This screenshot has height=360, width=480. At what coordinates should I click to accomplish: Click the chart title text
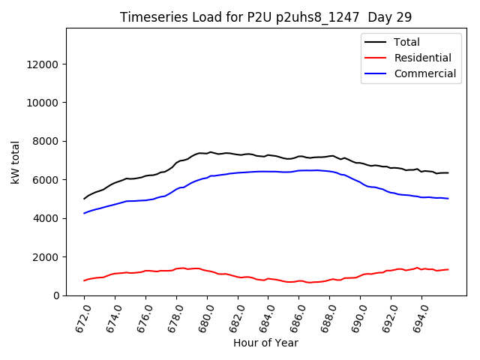coord(265,16)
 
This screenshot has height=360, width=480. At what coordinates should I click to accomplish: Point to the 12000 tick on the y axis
coord(43,64)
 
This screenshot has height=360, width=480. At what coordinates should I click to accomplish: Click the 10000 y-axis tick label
coord(43,103)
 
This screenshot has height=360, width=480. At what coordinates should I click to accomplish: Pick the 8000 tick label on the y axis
coord(46,141)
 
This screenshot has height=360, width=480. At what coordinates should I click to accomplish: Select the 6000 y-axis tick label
coord(46,180)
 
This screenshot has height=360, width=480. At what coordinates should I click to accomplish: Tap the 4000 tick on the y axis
coord(46,218)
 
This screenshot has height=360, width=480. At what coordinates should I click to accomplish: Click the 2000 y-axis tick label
coord(46,257)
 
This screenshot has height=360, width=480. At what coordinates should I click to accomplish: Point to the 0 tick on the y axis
coord(56,295)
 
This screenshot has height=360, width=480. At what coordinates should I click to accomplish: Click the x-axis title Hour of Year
coord(265,343)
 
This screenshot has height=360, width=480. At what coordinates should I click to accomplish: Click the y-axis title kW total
coord(15,162)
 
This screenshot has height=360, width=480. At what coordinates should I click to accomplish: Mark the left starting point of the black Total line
coord(84,199)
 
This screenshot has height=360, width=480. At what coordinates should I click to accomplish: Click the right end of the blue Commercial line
coord(448,199)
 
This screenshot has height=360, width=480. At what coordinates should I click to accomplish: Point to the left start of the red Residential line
coord(84,280)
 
